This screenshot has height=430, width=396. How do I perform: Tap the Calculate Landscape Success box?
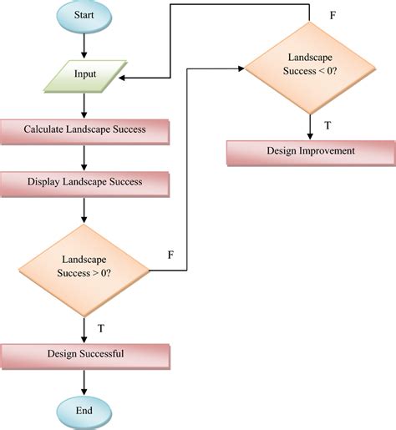point(85,131)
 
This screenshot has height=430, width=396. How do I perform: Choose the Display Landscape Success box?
point(85,181)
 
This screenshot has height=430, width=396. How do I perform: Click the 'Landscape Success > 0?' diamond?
point(84,269)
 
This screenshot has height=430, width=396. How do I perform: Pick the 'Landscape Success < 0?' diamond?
point(310,70)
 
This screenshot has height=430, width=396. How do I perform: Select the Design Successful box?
point(85,355)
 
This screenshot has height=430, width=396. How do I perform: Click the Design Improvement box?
point(311,152)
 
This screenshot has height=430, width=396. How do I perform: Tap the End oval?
point(84,412)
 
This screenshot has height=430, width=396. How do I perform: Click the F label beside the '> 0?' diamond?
point(170,254)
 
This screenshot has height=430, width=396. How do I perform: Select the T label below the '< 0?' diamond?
point(328,125)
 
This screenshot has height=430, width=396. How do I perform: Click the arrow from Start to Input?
point(84,46)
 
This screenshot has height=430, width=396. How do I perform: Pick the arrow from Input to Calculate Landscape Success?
point(84,104)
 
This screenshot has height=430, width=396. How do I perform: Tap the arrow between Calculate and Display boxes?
point(84,157)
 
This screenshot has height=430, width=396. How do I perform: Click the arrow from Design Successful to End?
point(84,382)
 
